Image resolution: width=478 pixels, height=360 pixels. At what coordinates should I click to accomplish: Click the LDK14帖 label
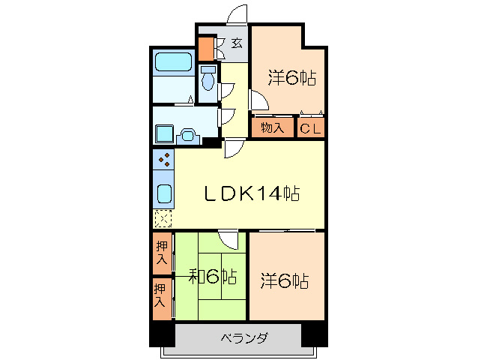[253, 193]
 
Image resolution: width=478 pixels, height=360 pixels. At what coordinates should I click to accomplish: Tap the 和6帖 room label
[212, 277]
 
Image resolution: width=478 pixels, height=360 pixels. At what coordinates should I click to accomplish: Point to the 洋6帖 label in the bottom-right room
[285, 281]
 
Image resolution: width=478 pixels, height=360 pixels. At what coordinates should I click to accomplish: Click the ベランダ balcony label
[243, 337]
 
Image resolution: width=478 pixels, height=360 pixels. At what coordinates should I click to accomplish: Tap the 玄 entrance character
[236, 43]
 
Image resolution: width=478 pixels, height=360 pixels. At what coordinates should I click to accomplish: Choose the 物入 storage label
[272, 128]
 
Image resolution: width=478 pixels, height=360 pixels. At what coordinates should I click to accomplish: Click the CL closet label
[311, 128]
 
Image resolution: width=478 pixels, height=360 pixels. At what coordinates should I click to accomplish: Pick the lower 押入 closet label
[160, 294]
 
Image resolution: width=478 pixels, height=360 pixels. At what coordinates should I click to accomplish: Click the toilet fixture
[208, 77]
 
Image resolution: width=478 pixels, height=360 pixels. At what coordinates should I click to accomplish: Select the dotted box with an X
[163, 219]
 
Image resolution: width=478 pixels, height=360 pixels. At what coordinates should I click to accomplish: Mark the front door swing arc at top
[238, 15]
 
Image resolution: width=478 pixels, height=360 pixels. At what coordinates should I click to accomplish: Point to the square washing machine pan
[164, 135]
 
